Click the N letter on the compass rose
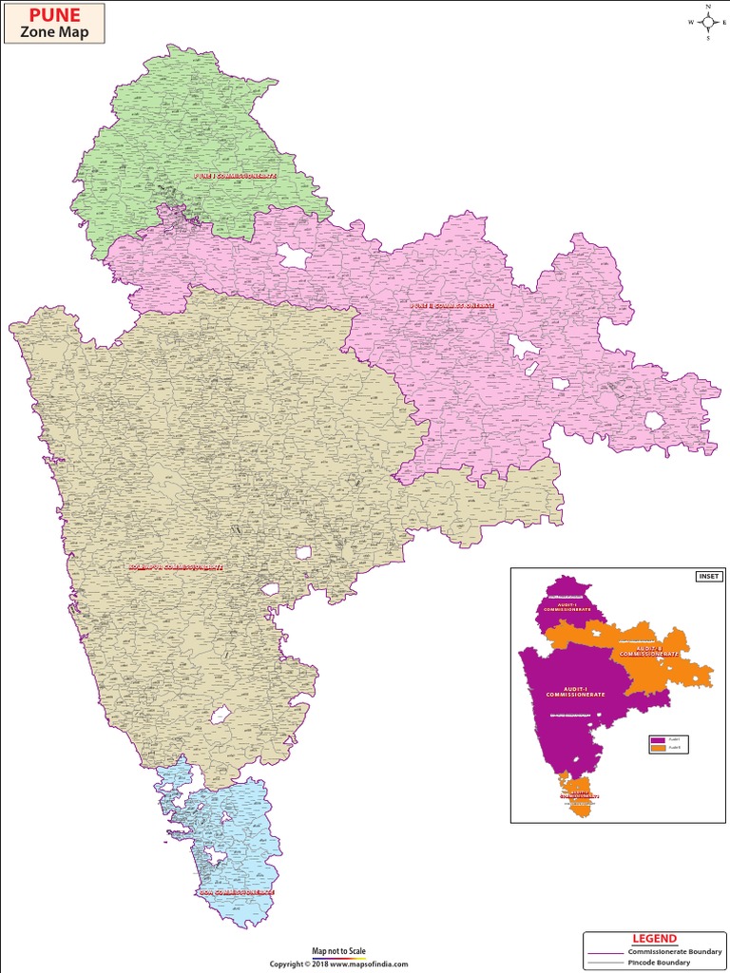point(708,6)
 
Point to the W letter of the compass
point(691,22)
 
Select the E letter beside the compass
point(724,22)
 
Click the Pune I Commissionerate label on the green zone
point(235,177)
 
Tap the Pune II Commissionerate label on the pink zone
point(452,306)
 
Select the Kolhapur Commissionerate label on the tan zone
point(177,567)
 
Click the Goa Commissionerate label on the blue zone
point(236,892)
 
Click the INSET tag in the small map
point(709,577)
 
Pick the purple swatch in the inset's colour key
point(657,738)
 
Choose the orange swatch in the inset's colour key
point(657,749)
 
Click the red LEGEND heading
point(654,939)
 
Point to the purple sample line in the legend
point(606,951)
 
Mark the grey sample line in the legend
point(606,963)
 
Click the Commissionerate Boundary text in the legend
point(675,951)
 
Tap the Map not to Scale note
point(338,951)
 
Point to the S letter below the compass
point(708,40)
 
